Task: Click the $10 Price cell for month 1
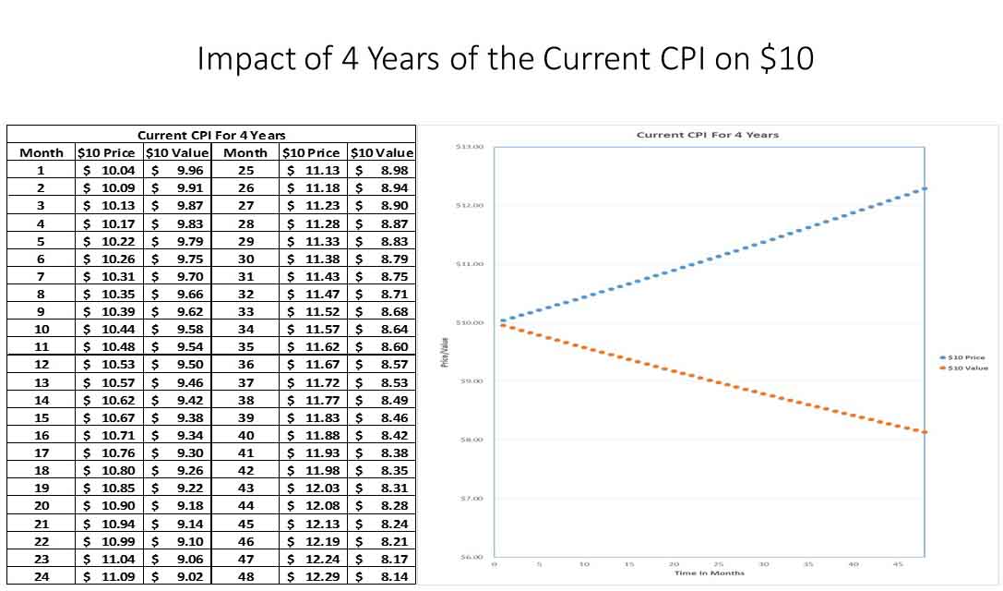[109, 170]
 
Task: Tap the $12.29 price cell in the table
[315, 577]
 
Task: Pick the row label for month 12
[41, 365]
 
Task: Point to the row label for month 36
[245, 365]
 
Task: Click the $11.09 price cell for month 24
[109, 577]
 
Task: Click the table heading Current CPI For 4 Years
[211, 135]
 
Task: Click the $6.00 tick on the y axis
[470, 557]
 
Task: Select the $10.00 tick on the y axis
[470, 322]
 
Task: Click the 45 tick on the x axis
[898, 563]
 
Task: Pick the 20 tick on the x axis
[674, 563]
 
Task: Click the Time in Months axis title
[709, 573]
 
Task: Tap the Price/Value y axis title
[445, 352]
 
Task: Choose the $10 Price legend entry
[966, 357]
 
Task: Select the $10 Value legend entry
[966, 368]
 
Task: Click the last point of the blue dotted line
[924, 188]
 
